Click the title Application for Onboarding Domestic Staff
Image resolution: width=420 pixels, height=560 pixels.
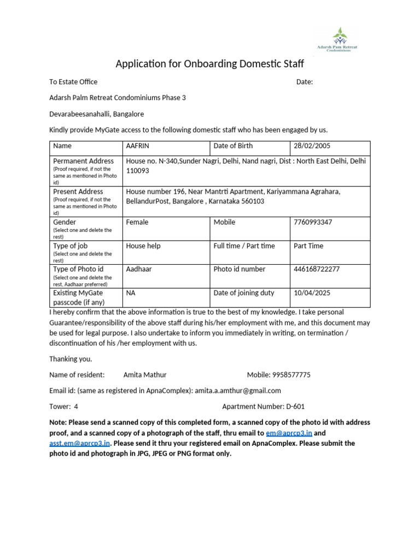coord(209,64)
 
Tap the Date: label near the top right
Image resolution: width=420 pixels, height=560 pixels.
coord(305,82)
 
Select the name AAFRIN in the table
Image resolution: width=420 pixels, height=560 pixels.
coord(138,146)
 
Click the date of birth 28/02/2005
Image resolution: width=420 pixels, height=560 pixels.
coord(312,146)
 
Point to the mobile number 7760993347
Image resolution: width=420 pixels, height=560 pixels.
coord(313,223)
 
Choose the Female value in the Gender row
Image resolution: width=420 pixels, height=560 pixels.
coord(137,223)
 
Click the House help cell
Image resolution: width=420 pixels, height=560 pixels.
coord(143,246)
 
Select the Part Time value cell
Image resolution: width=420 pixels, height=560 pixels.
coord(308,246)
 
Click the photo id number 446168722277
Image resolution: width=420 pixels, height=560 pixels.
coord(317,269)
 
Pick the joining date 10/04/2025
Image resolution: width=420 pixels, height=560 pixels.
coord(312,293)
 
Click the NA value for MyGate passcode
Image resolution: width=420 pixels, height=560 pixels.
coord(131,293)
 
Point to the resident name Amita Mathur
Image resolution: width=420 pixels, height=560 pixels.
coord(145,375)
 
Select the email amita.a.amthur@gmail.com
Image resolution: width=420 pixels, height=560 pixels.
coord(238,390)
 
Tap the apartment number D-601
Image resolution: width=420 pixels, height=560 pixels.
coord(295,406)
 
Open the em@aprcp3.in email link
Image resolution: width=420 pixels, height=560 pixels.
coord(289,433)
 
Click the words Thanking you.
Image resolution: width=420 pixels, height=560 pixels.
coord(71,359)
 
